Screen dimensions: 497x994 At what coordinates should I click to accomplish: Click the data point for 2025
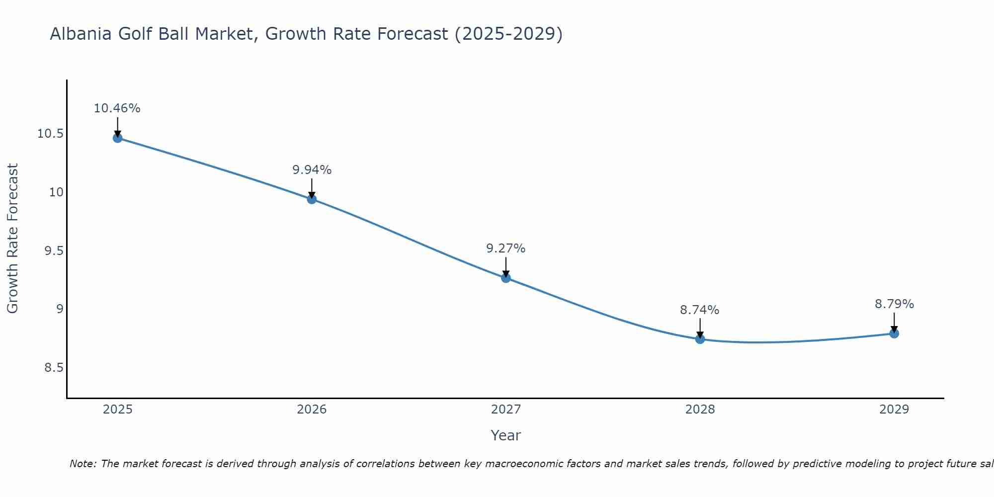[118, 138]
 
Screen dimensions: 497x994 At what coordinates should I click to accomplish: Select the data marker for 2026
[312, 199]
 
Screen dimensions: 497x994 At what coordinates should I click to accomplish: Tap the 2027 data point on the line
[506, 278]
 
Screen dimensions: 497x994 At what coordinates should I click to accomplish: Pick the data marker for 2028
[700, 339]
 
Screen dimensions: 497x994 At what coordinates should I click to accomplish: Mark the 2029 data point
[894, 333]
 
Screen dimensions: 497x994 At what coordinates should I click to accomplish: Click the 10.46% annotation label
[117, 108]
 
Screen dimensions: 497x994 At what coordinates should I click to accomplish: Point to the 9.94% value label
[312, 170]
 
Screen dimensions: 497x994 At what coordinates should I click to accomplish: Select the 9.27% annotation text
[506, 248]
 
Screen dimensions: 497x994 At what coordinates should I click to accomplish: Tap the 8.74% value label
[700, 310]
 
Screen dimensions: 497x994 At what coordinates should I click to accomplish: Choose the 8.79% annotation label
[894, 304]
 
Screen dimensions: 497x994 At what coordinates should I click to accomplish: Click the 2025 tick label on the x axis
[118, 410]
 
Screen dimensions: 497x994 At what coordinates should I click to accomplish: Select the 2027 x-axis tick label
[506, 410]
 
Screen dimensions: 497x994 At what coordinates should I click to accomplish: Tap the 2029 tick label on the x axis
[894, 410]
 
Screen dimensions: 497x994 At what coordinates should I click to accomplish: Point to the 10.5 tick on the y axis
[50, 134]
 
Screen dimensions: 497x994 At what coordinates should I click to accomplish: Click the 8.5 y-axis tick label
[54, 368]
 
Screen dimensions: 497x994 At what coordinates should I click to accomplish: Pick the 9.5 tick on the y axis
[54, 251]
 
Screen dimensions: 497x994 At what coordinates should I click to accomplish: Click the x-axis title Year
[506, 435]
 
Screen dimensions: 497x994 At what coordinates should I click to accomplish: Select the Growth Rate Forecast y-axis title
[13, 239]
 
